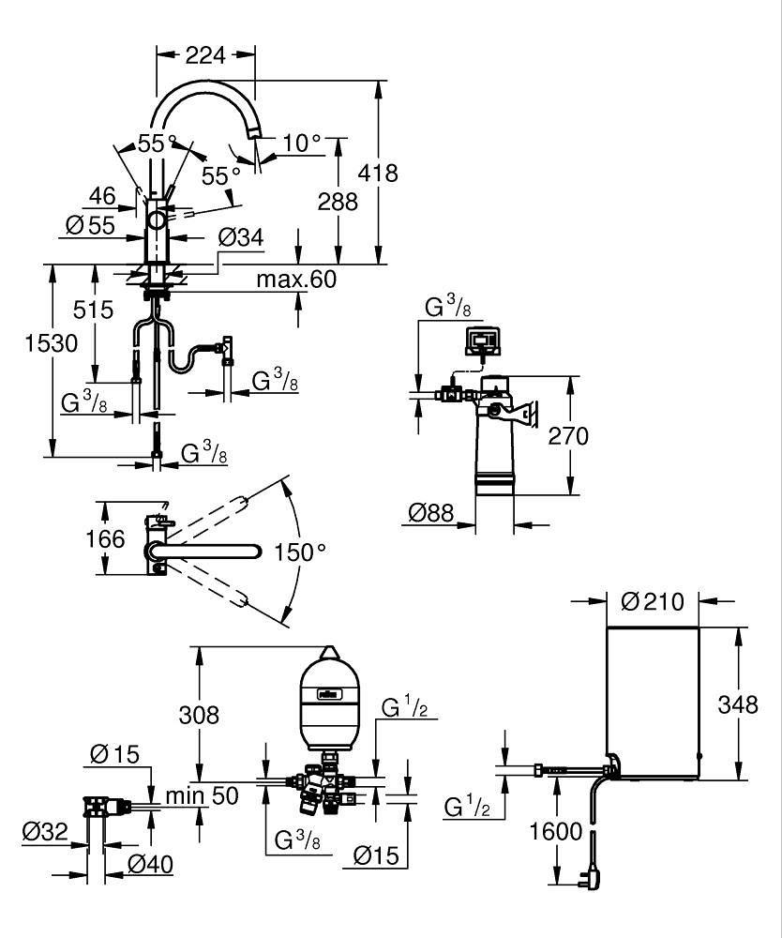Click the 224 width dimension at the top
point(205,55)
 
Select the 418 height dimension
point(379,173)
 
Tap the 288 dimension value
point(338,201)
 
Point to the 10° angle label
point(302,144)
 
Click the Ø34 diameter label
point(240,238)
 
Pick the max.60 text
point(296,280)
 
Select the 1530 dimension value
point(52,343)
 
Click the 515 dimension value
point(95,310)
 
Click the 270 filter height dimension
point(569,436)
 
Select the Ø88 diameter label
point(433,512)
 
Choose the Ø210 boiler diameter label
point(654,601)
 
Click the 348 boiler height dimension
point(739,703)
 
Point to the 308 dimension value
point(199,714)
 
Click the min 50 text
point(202,796)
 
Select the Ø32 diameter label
point(46,830)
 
